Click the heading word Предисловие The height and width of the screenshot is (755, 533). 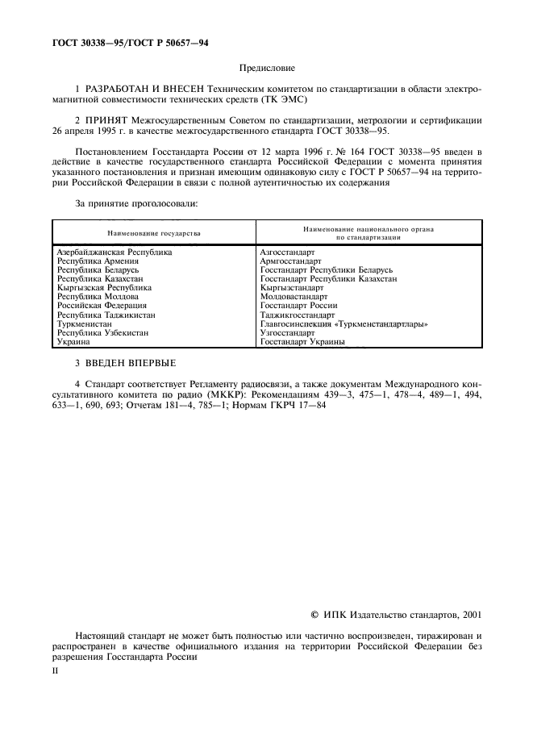[267, 69]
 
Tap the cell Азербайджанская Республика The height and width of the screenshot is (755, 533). [115, 252]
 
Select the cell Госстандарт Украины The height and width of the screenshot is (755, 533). [302, 342]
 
